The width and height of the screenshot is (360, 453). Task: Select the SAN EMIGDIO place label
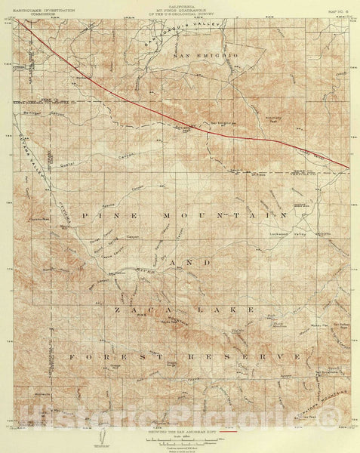coord(205,57)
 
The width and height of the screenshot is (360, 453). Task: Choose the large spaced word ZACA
coord(132,309)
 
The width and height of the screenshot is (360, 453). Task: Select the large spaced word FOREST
coord(103,356)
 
